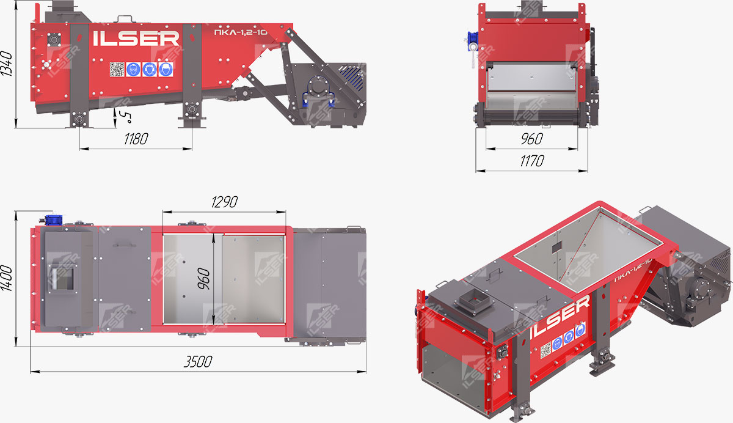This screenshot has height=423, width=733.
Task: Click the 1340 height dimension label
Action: coord(7,64)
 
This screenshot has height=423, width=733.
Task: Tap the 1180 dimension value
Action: coord(136,139)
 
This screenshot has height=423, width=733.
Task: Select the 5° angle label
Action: coord(125,117)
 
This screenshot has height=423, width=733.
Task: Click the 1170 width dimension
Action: coord(532,161)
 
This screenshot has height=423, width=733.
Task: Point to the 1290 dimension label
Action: coord(224,202)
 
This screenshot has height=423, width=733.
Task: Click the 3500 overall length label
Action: coord(198,362)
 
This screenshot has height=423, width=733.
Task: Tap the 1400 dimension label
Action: coord(7,278)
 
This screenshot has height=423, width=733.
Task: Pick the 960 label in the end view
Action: coord(532,139)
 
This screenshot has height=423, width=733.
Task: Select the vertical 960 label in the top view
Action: coord(203,279)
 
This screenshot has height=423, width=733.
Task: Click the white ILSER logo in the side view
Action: coord(136,39)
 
